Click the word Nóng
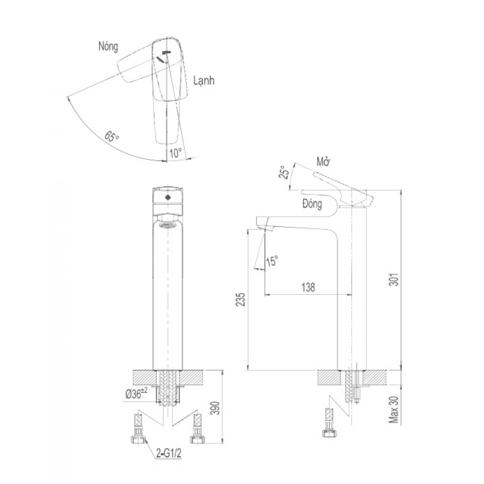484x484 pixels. coord(108,47)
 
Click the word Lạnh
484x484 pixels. coord(204,81)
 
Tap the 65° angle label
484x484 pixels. coord(111,137)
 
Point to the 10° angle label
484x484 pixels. coord(175,153)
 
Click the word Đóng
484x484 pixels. coord(312,204)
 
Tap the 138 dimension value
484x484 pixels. coord(308,287)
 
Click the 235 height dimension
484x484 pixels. coord(241,299)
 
